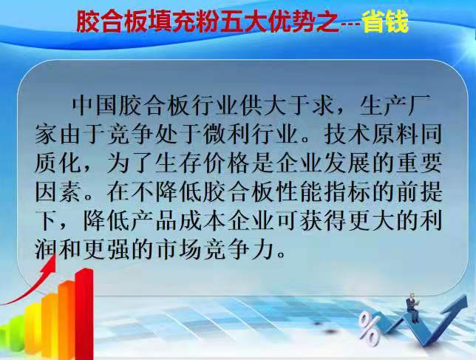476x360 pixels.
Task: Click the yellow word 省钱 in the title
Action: (x=385, y=22)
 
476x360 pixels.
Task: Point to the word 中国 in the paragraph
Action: (x=95, y=106)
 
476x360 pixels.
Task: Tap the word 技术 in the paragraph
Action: (x=346, y=135)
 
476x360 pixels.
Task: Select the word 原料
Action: (x=394, y=135)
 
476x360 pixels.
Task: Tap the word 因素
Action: (x=58, y=191)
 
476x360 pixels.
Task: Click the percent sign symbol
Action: (x=369, y=330)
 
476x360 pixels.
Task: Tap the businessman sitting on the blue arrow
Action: (x=412, y=308)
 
